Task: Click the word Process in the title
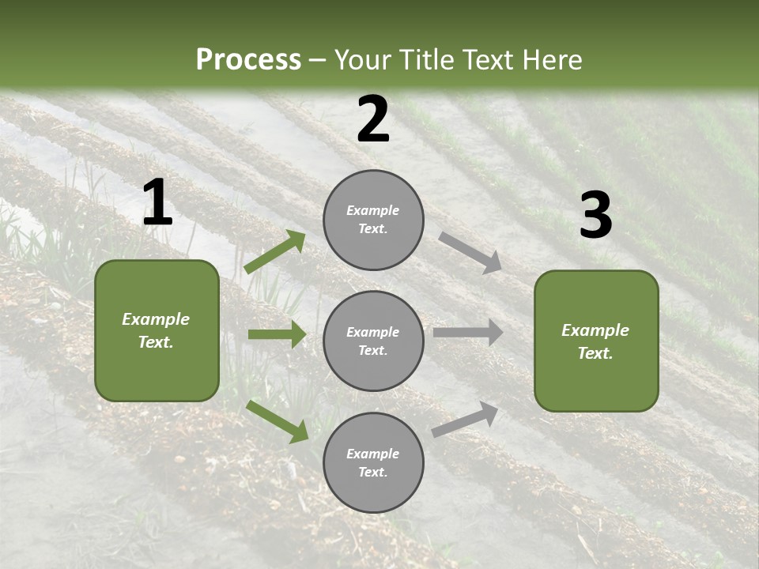pos(248,60)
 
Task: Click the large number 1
pos(157,204)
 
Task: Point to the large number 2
pos(373,119)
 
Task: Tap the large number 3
pos(595,216)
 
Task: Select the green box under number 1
pos(157,330)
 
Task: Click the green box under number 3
pos(596,341)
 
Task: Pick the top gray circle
pos(373,219)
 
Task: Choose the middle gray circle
pos(373,341)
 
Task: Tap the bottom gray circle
pos(373,462)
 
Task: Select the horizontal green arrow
pos(277,334)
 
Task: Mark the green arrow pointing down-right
pos(277,421)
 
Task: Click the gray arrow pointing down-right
pos(470,252)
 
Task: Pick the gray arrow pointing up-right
pos(466,419)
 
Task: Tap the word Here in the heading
pos(552,60)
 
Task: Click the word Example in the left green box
pos(156,319)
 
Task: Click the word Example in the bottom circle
pos(373,454)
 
